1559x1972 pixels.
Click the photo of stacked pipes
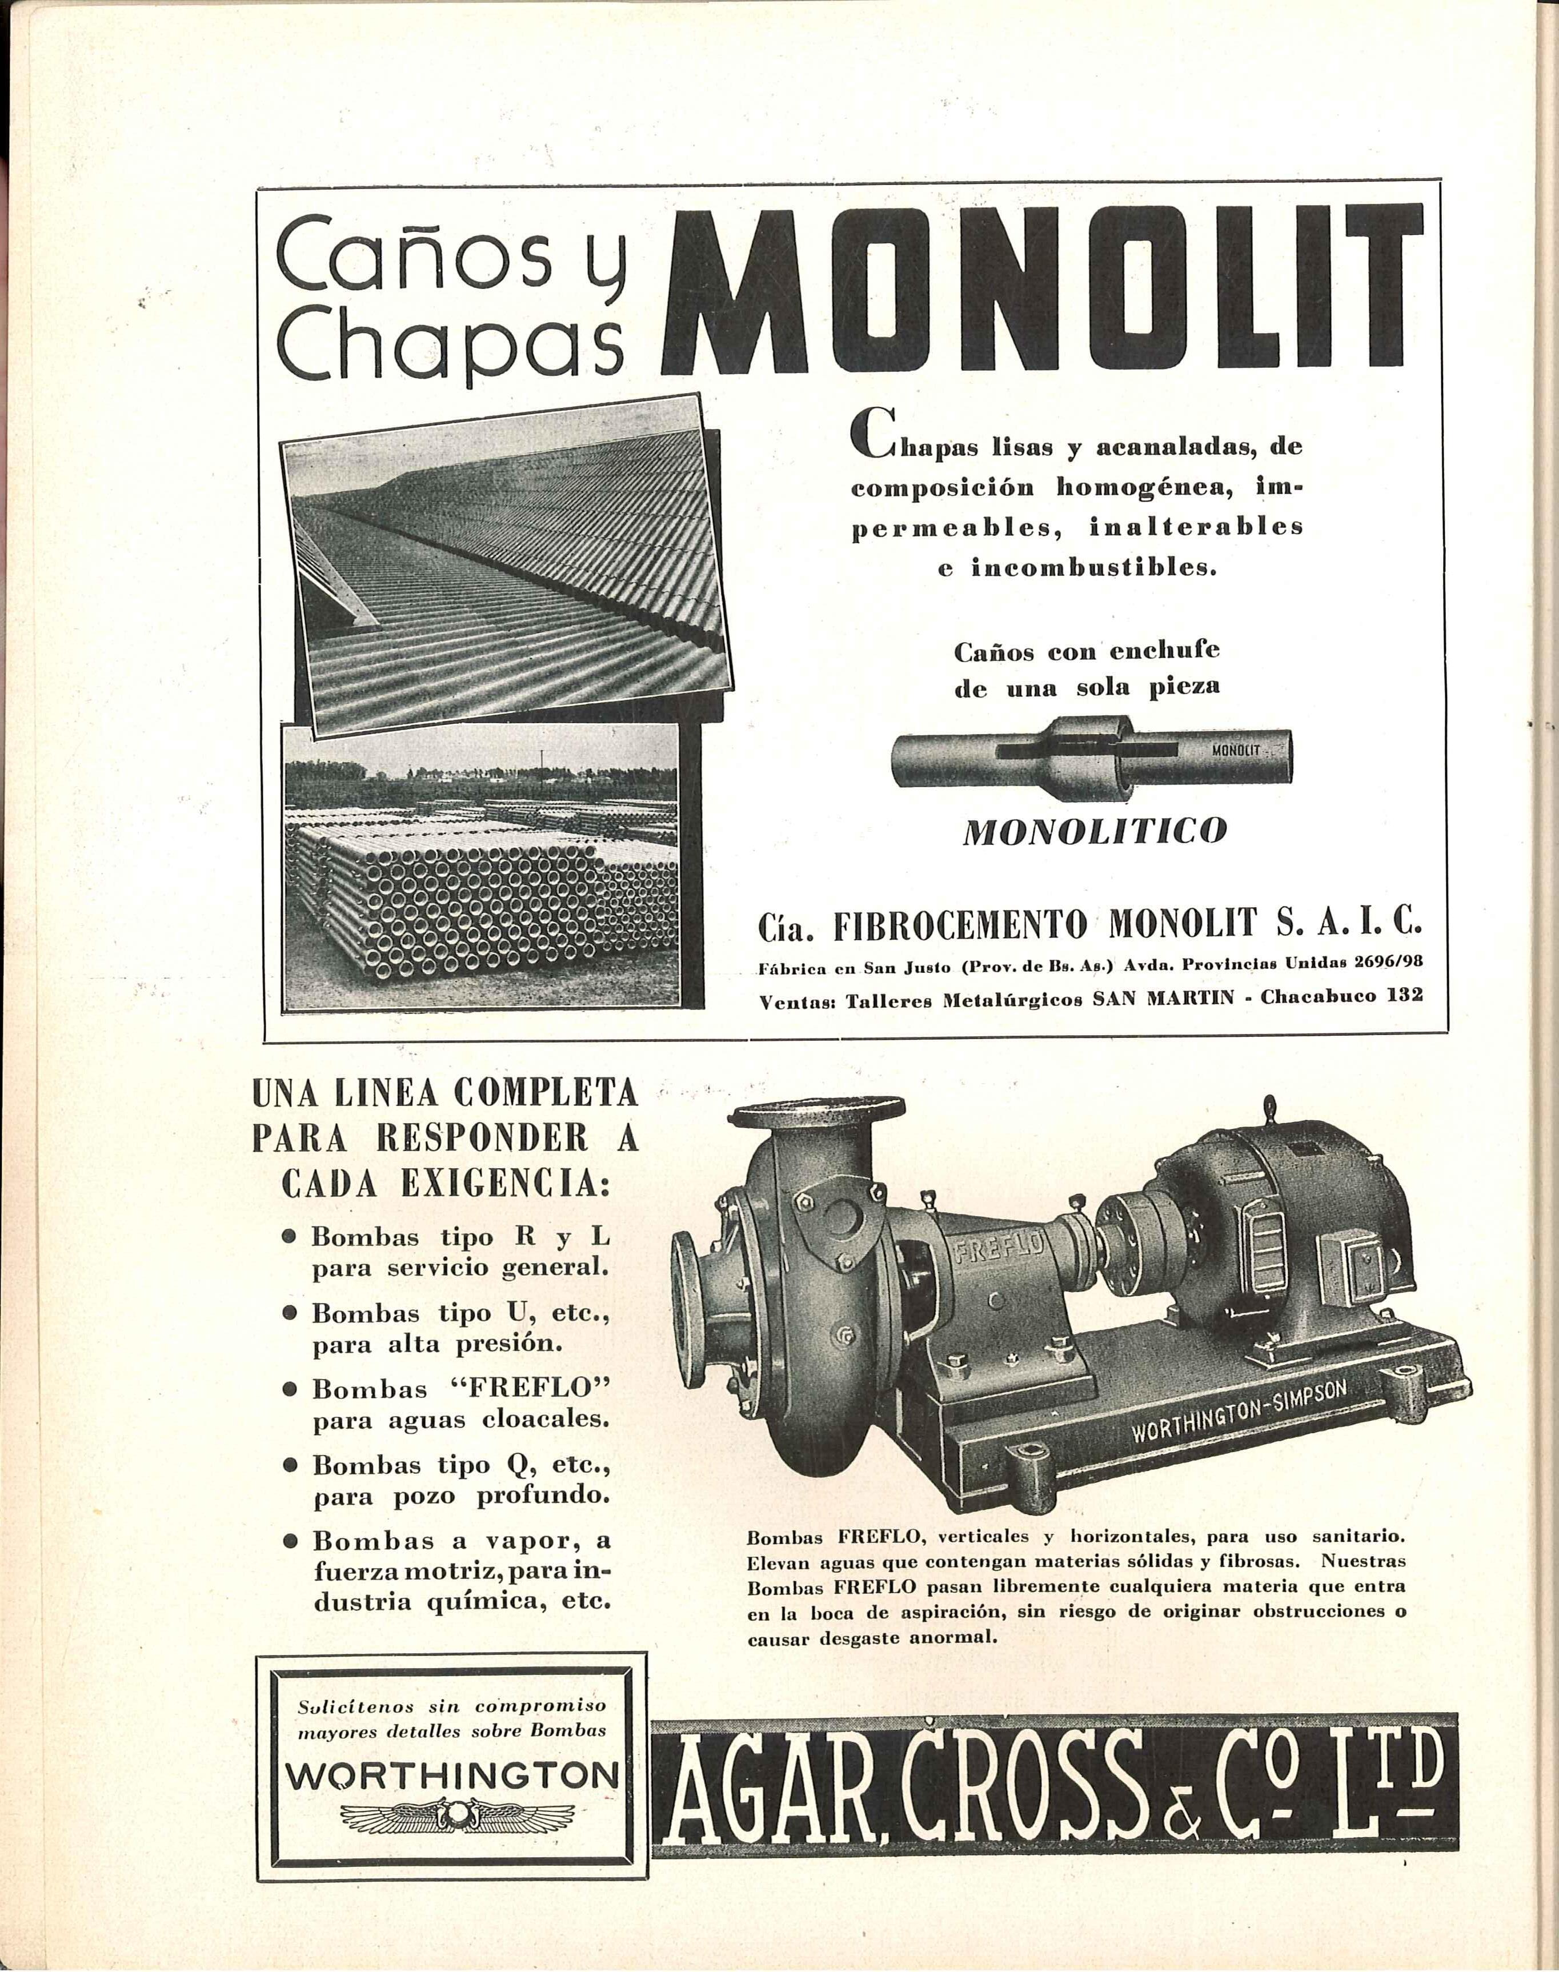pyautogui.click(x=481, y=867)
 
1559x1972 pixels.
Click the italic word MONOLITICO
pyautogui.click(x=1095, y=831)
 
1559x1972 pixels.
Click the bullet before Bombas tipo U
pyautogui.click(x=289, y=1313)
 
